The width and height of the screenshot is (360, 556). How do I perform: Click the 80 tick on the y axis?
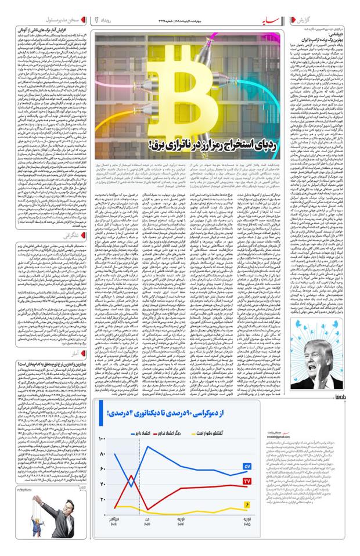click(103, 454)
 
